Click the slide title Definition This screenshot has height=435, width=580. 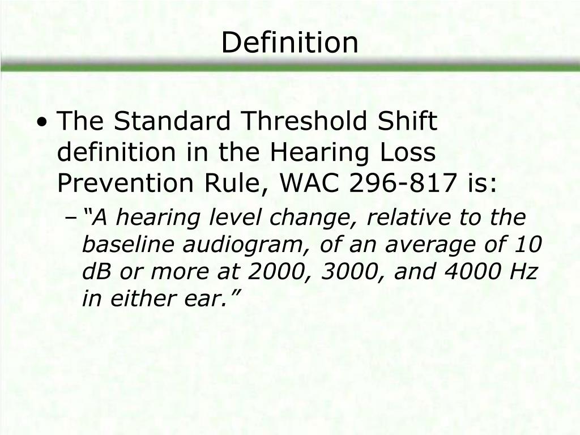[289, 43]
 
